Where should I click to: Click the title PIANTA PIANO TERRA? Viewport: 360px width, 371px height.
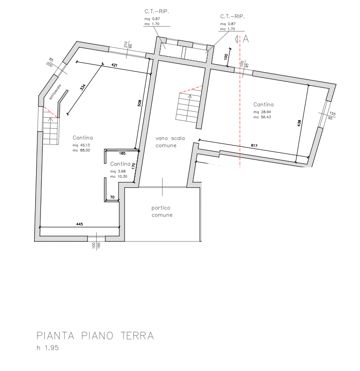coord(95,336)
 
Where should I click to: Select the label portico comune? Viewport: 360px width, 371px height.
coord(162,212)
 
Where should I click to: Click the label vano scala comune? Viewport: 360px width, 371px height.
coord(166,142)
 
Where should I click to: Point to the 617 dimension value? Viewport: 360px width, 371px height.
coord(255,146)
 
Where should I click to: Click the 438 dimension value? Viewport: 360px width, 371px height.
coord(300,123)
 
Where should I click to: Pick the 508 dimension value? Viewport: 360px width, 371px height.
coord(140,102)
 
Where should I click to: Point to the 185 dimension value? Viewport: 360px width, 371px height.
coord(122,153)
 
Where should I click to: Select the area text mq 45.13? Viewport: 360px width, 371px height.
coord(81,145)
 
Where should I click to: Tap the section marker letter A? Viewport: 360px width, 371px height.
coord(245,39)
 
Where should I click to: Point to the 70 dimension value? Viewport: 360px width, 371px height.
coord(112,198)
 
